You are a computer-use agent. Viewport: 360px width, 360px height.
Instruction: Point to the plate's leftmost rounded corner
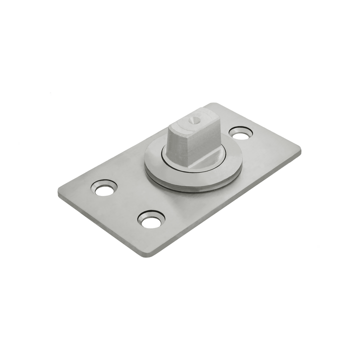click(x=61, y=194)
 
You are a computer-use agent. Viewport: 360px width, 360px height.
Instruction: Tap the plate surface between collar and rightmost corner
click(x=265, y=155)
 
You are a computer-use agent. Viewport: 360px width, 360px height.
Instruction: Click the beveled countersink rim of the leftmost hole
click(x=95, y=187)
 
